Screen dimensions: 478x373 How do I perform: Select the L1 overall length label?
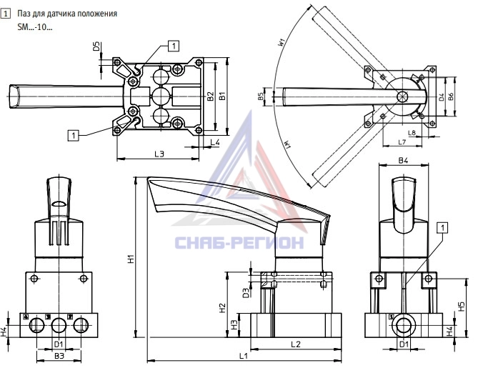pyautogui.click(x=244, y=356)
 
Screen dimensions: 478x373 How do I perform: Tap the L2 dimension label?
pyautogui.click(x=296, y=344)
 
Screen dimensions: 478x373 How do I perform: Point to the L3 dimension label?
pyautogui.click(x=159, y=154)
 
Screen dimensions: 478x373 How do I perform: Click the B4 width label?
pyautogui.click(x=403, y=160)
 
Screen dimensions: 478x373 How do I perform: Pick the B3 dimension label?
pyautogui.click(x=59, y=356)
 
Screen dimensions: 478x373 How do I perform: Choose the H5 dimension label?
pyautogui.click(x=462, y=306)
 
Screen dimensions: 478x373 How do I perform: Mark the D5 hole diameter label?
pyautogui.click(x=96, y=46)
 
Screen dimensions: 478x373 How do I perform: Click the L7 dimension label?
pyautogui.click(x=402, y=141)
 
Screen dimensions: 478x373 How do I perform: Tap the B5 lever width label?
pyautogui.click(x=261, y=96)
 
